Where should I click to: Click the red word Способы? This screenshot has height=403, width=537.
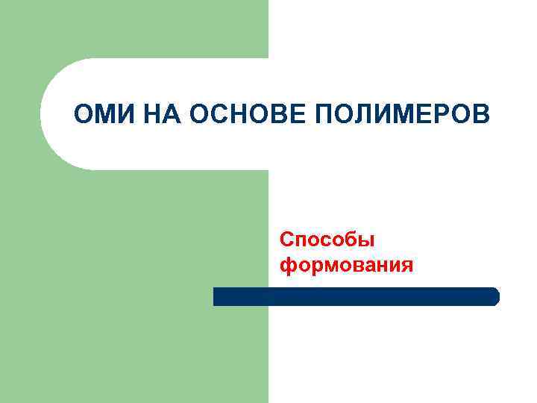click(327, 240)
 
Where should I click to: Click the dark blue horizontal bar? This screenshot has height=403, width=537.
click(356, 296)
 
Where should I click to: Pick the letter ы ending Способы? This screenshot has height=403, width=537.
click(365, 241)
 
